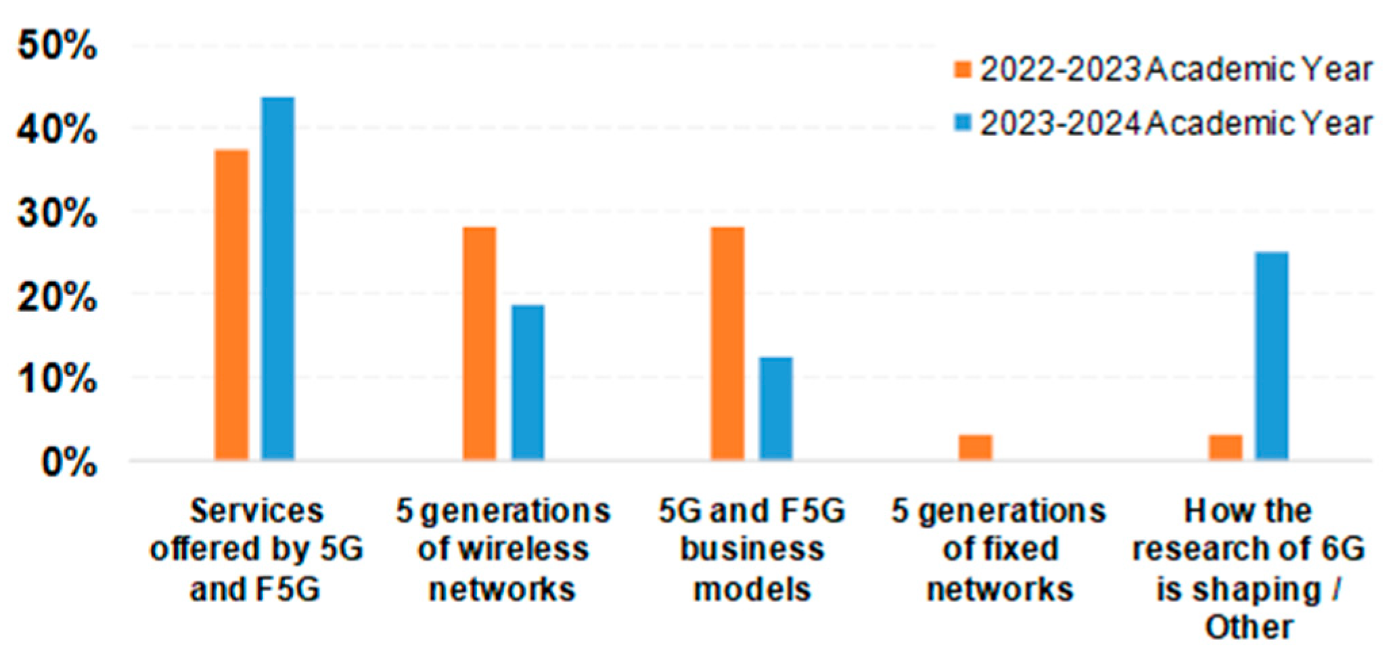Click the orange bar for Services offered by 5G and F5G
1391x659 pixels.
231,304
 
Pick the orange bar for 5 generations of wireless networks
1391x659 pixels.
480,344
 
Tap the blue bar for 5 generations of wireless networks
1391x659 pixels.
528,382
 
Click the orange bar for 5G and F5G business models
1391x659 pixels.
728,344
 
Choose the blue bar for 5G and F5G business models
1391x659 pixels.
776,409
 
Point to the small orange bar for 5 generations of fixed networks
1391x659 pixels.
976,447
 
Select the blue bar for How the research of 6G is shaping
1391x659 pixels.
1272,357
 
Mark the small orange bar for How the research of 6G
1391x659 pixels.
1226,447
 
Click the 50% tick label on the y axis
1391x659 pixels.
58,46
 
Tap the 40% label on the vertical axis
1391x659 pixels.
58,129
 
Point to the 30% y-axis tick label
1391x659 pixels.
58,213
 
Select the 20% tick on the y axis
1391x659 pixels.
58,297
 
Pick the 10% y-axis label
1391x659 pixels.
58,379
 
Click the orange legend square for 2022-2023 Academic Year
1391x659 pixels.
962,70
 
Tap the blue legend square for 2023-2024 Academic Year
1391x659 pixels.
962,123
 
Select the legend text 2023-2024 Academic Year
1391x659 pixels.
1176,124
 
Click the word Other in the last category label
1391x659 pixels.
1248,627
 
